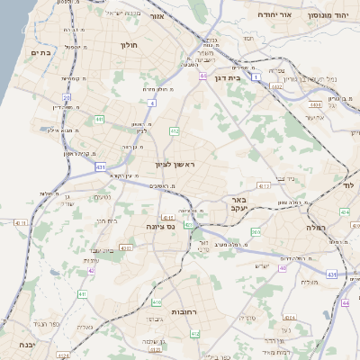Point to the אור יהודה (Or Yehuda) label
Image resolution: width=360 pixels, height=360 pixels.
pos(271,15)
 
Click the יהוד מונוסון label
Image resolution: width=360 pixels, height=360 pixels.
pos(328,16)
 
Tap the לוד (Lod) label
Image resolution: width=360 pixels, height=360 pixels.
pos(350,184)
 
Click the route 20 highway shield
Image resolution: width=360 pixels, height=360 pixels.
pos(67,96)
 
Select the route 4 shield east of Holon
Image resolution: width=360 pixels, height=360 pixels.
pos(152,103)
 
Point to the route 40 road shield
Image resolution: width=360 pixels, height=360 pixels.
pos(283,267)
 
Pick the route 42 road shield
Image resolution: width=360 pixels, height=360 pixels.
pos(92,269)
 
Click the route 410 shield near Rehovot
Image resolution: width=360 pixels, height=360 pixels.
pos(157,302)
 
